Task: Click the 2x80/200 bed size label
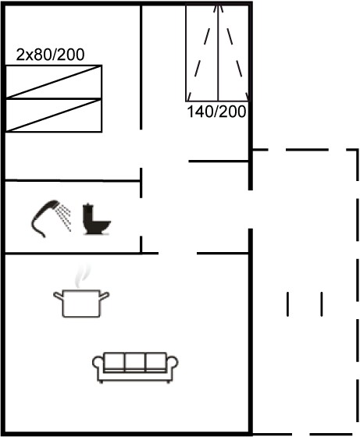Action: click(x=50, y=55)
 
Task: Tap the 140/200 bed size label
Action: click(x=216, y=112)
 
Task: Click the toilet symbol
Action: click(x=97, y=219)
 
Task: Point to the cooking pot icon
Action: click(x=81, y=304)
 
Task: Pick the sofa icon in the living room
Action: click(x=135, y=368)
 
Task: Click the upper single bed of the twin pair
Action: click(x=54, y=82)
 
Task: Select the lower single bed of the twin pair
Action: click(x=54, y=115)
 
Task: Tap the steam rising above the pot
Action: click(x=83, y=276)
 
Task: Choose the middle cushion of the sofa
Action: click(x=135, y=361)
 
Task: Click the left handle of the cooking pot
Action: click(x=59, y=296)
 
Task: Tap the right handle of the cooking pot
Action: click(x=104, y=296)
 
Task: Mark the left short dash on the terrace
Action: click(x=288, y=304)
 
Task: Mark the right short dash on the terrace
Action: click(x=322, y=304)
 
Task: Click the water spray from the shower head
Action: click(x=63, y=218)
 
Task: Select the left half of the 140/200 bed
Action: click(x=202, y=53)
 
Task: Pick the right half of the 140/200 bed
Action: click(x=233, y=53)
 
